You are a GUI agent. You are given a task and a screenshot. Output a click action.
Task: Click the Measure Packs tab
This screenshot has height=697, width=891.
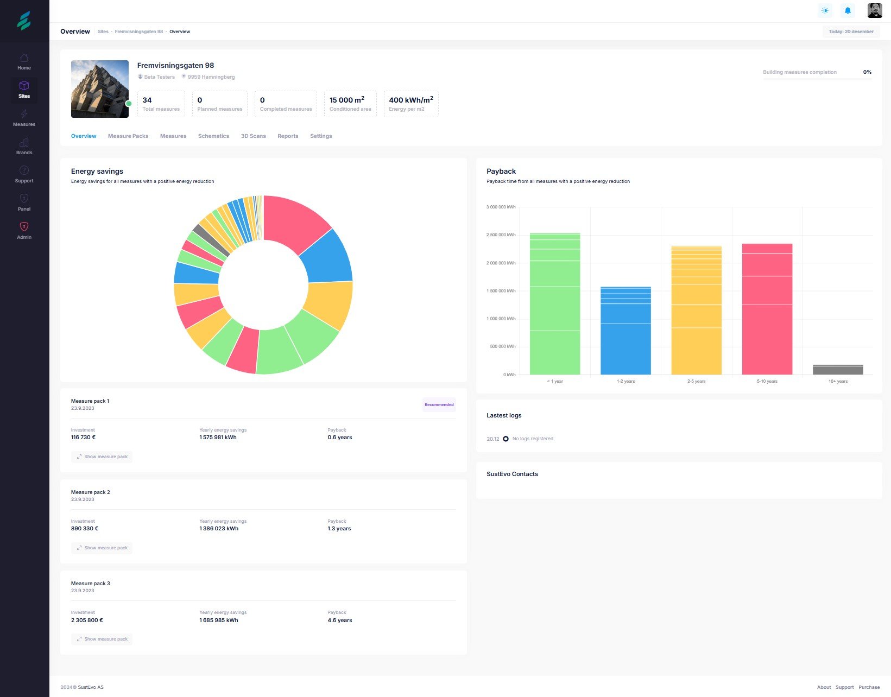[x=128, y=136]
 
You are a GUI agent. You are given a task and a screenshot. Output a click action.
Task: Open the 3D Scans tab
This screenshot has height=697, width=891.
[x=253, y=136]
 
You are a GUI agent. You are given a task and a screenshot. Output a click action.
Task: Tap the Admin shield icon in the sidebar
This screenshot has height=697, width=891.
[x=24, y=227]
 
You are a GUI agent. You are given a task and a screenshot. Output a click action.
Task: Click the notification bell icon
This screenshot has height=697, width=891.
[x=848, y=10]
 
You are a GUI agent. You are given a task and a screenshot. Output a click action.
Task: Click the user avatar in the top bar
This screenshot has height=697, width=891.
[x=875, y=10]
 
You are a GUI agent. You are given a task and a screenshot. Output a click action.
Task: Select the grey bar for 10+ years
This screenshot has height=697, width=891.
[x=838, y=370]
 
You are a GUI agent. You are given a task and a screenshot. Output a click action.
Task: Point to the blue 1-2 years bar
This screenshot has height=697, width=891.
[x=625, y=331]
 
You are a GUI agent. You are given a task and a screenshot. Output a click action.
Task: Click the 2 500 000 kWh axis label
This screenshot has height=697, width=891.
[x=501, y=235]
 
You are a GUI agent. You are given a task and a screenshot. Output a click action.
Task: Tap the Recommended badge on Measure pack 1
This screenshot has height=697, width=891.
[x=439, y=405]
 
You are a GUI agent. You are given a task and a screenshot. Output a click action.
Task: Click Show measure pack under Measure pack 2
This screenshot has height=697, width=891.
[x=102, y=548]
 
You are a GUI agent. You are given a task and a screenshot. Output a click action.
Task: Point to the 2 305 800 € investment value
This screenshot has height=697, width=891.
[x=87, y=620]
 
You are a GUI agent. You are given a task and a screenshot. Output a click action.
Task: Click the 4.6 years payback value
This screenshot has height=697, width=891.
[x=340, y=620]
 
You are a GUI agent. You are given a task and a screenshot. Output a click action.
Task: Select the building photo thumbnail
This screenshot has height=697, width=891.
[x=100, y=89]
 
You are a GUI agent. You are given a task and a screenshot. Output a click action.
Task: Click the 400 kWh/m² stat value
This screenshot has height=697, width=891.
[x=411, y=100]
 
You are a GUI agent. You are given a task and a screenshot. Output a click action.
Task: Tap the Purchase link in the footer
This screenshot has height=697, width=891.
[x=869, y=687]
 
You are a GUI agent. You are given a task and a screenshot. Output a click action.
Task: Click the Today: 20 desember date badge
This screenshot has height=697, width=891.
[x=851, y=31]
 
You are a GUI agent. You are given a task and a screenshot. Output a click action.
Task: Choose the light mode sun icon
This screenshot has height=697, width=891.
[x=825, y=10]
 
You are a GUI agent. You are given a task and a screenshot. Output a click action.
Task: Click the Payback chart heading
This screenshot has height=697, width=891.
[x=501, y=172]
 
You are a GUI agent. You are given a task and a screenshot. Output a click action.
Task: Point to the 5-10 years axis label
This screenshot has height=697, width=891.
[x=767, y=382]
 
